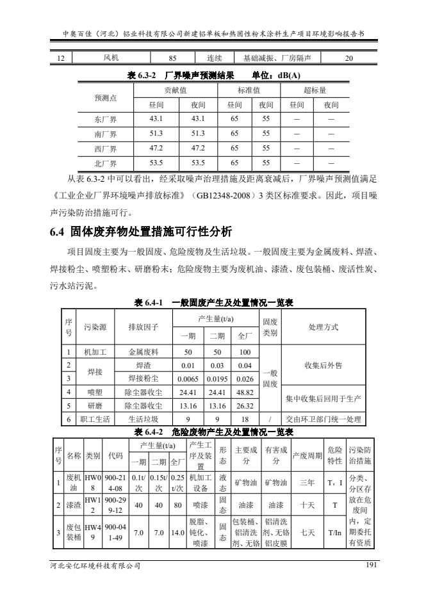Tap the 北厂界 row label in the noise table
pos(105,162)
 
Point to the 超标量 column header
pos(315,90)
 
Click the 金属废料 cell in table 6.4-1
pos(143,352)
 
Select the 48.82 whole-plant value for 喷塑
pos(244,392)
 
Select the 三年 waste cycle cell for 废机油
pos(307,481)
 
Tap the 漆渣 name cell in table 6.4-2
pos(74,505)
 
